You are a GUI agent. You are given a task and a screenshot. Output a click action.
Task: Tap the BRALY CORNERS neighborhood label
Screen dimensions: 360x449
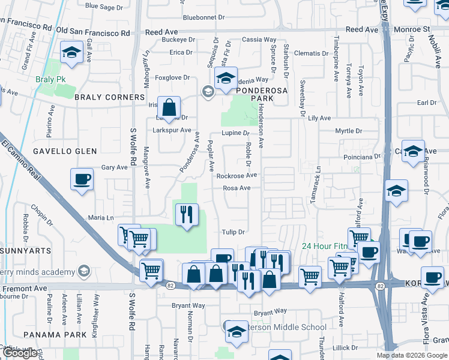(109, 97)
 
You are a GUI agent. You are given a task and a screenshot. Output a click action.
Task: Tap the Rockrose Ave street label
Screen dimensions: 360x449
(237, 176)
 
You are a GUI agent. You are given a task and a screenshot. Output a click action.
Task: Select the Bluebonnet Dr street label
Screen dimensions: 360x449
(203, 18)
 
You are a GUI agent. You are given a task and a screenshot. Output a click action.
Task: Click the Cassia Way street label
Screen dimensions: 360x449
(259, 40)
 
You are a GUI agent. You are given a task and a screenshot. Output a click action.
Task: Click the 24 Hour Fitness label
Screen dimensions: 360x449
(324, 246)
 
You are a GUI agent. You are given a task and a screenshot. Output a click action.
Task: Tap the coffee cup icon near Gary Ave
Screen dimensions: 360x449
(82, 179)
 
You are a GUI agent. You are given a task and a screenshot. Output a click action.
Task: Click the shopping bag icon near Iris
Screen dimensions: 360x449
(170, 108)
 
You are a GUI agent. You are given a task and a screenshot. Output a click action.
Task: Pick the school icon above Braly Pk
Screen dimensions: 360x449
(71, 52)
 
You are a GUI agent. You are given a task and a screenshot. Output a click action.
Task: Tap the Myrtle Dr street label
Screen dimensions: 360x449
(349, 130)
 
